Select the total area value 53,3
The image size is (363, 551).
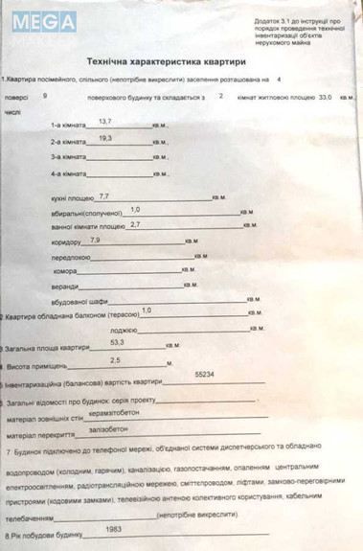click(x=117, y=341)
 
